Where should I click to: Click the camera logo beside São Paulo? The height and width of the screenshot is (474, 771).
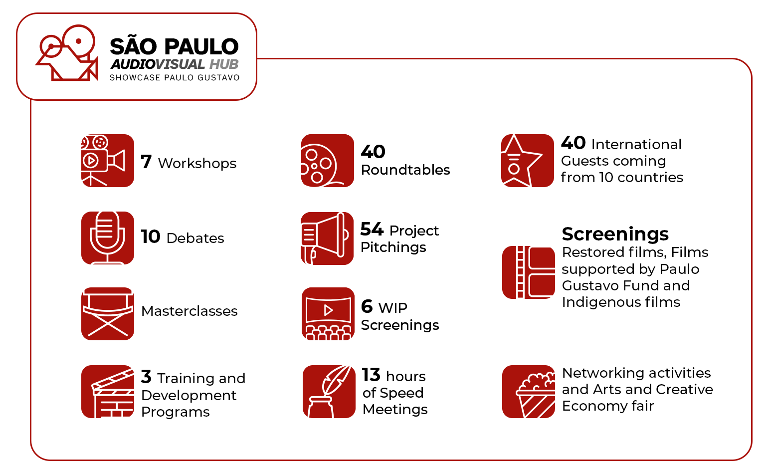[x=68, y=53]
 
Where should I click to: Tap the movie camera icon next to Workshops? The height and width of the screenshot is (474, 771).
[x=107, y=161]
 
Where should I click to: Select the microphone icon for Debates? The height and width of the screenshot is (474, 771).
[x=107, y=238]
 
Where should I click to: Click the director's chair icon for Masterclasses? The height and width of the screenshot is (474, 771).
[x=107, y=314]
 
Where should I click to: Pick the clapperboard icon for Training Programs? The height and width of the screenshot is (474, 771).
[x=107, y=392]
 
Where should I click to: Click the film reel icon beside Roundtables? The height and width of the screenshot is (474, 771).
[x=327, y=161]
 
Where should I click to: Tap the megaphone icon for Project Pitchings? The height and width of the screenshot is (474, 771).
[x=327, y=238]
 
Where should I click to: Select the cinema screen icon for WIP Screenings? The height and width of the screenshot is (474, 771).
[x=328, y=314]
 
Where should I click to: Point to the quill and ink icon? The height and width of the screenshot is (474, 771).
[x=329, y=392]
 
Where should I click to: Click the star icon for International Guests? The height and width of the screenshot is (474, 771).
[x=527, y=161]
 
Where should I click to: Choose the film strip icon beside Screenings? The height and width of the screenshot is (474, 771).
[x=528, y=272]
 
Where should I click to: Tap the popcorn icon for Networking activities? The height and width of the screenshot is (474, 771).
[x=528, y=392]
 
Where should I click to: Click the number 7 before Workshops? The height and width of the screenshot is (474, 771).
[x=146, y=162]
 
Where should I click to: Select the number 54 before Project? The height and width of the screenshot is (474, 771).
[x=372, y=229]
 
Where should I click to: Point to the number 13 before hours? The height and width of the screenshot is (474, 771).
[x=371, y=375]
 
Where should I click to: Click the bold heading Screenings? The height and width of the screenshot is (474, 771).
[x=615, y=234]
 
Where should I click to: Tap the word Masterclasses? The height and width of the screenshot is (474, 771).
[x=190, y=311]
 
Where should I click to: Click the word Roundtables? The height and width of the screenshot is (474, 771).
[x=405, y=170]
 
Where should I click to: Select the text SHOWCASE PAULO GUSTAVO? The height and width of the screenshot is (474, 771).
[x=175, y=77]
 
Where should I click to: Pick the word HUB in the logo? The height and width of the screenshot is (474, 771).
[x=224, y=64]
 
